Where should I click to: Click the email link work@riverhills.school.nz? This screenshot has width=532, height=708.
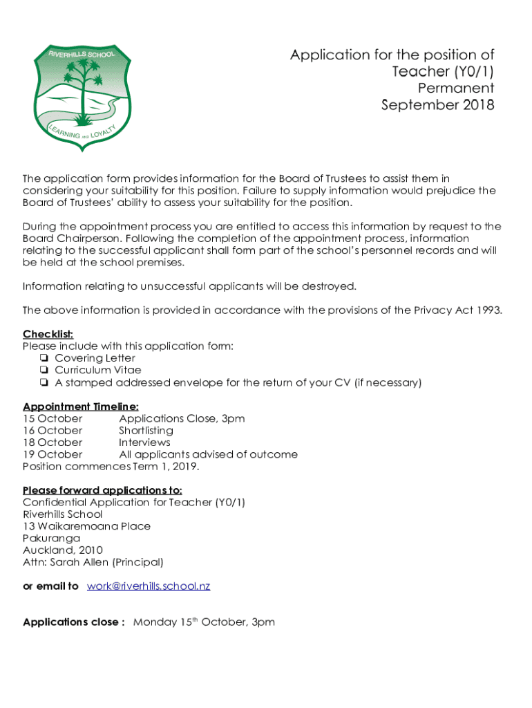[x=149, y=586]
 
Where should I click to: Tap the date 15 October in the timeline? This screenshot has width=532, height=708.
[x=53, y=419]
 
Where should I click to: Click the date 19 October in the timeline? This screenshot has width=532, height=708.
[x=53, y=455]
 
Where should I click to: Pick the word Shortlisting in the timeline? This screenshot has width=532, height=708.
[x=146, y=431]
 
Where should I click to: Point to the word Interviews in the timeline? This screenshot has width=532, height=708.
[x=144, y=442]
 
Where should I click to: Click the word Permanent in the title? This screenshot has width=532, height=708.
[x=456, y=88]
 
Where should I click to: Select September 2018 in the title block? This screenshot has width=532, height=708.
[x=438, y=106]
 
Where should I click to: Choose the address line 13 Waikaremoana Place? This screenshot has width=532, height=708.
[x=86, y=526]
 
